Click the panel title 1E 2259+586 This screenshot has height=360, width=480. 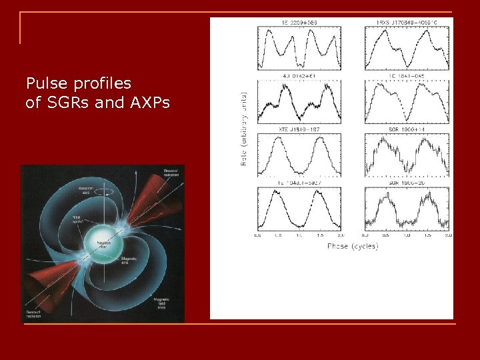coord(299,22)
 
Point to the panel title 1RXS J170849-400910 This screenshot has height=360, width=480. coord(407,22)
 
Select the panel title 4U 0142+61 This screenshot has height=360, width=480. coord(299,75)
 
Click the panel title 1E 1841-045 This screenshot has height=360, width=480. coord(407,75)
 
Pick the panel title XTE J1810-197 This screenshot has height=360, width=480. coord(299,129)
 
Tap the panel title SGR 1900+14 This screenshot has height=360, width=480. coord(407,129)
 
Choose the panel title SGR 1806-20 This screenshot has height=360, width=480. coord(407,182)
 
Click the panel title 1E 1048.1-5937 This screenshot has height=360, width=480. coord(299,182)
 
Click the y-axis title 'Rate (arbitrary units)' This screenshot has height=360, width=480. coord(244,130)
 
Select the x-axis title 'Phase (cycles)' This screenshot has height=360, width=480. coord(353,246)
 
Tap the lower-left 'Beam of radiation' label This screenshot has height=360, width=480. coord(33,313)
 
